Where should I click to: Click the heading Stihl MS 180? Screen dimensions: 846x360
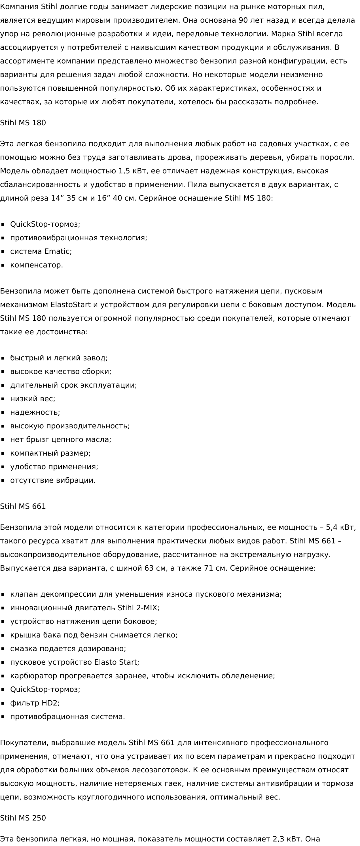click(x=23, y=123)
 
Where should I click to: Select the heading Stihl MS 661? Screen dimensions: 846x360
click(x=23, y=506)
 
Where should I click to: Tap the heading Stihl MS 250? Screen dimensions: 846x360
click(x=23, y=818)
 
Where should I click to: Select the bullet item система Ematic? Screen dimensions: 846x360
click(x=41, y=252)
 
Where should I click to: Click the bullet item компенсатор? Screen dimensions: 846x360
click(x=37, y=265)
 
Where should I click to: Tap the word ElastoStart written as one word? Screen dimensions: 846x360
click(x=70, y=305)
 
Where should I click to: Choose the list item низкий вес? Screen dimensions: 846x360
click(x=33, y=399)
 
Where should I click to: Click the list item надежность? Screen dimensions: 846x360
click(x=35, y=412)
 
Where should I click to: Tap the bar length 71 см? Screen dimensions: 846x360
click(x=215, y=568)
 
